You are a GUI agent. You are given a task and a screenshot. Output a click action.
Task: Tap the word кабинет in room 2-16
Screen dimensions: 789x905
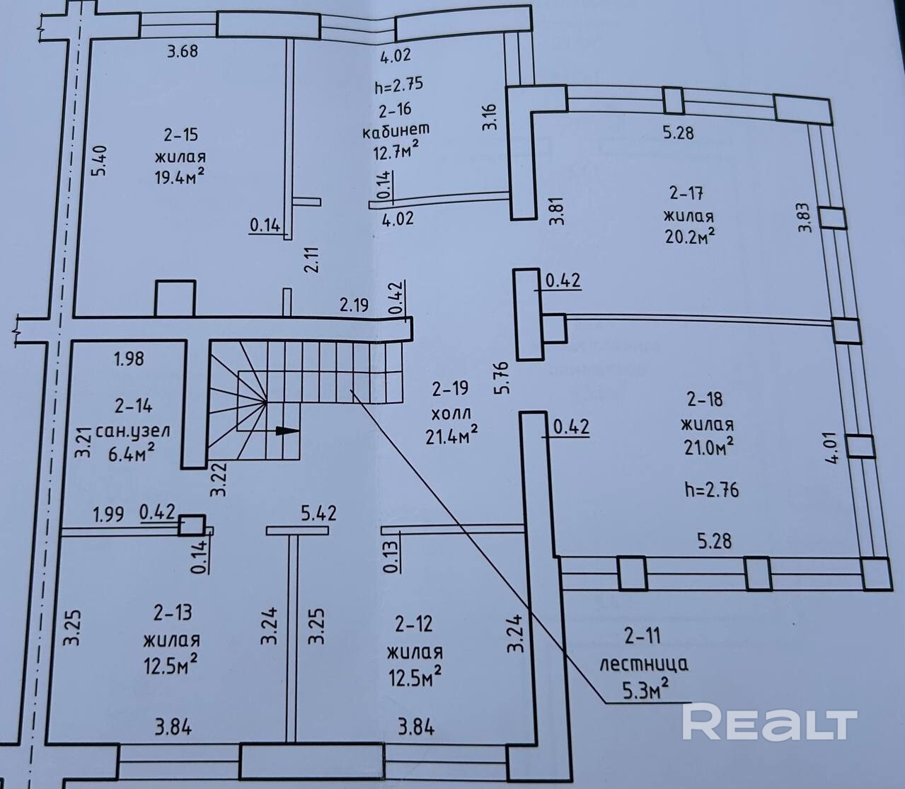click(396, 130)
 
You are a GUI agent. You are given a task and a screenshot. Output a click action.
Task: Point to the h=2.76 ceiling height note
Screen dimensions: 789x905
click(712, 489)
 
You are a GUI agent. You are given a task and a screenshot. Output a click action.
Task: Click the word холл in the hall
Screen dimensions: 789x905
click(450, 412)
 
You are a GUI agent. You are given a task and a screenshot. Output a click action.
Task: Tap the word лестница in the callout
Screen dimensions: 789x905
click(643, 664)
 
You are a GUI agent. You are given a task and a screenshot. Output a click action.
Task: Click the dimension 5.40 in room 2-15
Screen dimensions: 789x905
click(100, 162)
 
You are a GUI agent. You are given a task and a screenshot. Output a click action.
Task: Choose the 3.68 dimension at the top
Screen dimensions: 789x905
click(181, 51)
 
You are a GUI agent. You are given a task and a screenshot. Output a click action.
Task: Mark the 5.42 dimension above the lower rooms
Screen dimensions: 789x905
click(318, 512)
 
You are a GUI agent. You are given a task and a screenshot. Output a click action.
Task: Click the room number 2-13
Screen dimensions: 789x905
click(172, 611)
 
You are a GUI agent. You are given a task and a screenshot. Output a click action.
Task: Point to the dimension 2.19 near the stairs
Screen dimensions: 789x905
click(354, 305)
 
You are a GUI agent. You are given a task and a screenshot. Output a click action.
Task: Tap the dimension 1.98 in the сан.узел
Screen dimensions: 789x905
click(129, 358)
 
